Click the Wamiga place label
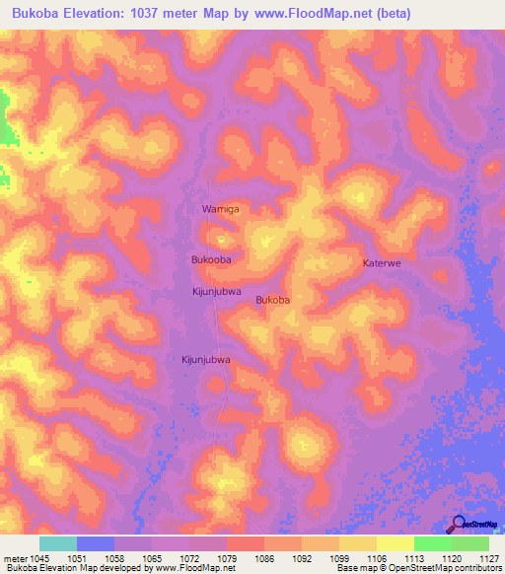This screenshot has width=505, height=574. tap(220, 210)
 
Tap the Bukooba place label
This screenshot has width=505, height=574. tap(210, 258)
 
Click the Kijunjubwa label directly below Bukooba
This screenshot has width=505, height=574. tap(216, 292)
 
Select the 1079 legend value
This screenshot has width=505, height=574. tap(227, 558)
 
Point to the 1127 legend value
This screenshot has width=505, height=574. tap(488, 558)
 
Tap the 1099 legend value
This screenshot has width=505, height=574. tap(338, 558)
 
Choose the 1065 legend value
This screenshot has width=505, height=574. tap(152, 558)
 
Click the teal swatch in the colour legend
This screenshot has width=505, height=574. tap(58, 543)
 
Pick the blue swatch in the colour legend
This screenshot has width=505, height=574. tap(96, 543)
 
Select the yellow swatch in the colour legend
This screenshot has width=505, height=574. tap(395, 543)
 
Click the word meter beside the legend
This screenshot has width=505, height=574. tap(15, 558)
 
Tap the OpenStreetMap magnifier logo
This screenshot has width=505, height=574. tap(458, 526)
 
